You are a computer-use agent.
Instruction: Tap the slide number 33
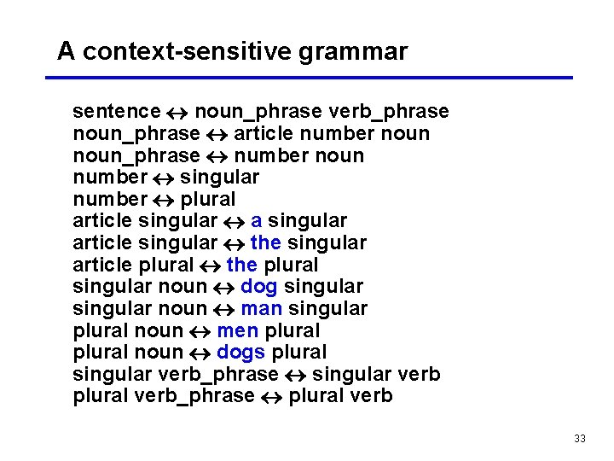[580, 438]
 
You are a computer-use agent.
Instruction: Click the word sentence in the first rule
[116, 112]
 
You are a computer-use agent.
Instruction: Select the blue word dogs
[241, 352]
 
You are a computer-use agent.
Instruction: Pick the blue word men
[238, 330]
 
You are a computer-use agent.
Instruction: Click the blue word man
[261, 308]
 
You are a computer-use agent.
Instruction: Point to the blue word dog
[259, 287]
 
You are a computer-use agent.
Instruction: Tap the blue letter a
[256, 221]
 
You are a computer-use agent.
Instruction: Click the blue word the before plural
[241, 265]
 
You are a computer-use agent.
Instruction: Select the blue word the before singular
[265, 243]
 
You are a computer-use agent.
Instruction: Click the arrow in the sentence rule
[177, 112]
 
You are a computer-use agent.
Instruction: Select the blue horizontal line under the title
[308, 78]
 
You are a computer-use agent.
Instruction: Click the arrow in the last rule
[272, 396]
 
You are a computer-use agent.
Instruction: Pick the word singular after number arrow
[219, 178]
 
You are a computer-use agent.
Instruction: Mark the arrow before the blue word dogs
[200, 353]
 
